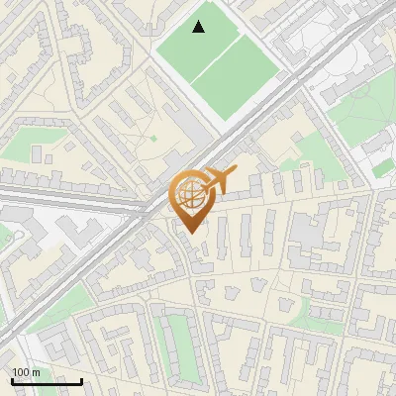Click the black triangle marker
tap(199, 27)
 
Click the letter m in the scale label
tap(37, 372)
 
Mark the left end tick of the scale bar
tap(13, 380)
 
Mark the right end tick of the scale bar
tap(81, 380)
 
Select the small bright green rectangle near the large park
tap(382, 168)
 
